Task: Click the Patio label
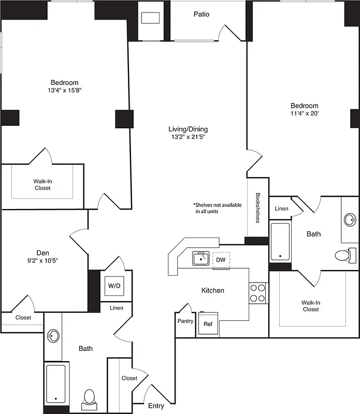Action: click(x=201, y=14)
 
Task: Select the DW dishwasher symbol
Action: click(x=221, y=259)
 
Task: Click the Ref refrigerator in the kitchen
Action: click(x=208, y=324)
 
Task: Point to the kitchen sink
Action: click(x=200, y=257)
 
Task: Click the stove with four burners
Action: click(x=257, y=292)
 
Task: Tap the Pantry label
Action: click(x=185, y=321)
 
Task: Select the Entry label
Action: click(x=156, y=406)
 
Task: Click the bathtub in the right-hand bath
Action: click(x=280, y=241)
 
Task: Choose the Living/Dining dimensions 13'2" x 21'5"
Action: click(x=189, y=137)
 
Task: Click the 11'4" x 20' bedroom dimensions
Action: click(x=304, y=114)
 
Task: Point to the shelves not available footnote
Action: click(x=217, y=208)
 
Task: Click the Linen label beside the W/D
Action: click(x=117, y=308)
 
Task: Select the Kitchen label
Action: click(x=212, y=290)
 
